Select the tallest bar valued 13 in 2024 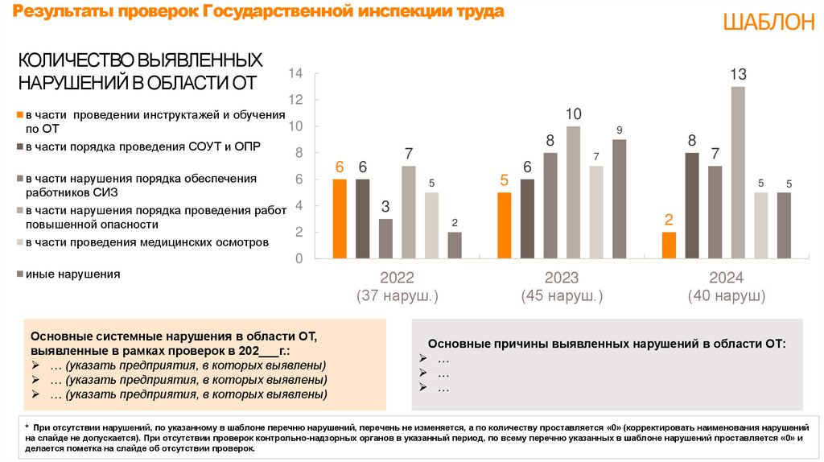point(738,172)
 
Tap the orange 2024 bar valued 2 point(669,245)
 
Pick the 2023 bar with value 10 point(573,192)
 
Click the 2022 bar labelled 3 point(385,238)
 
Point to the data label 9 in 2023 point(619,130)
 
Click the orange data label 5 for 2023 point(505,180)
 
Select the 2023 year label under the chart point(562,278)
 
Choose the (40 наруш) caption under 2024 point(726,296)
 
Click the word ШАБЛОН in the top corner point(768,23)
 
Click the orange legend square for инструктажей point(20,115)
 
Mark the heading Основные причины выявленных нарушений point(606,344)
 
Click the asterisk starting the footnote point(27,425)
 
